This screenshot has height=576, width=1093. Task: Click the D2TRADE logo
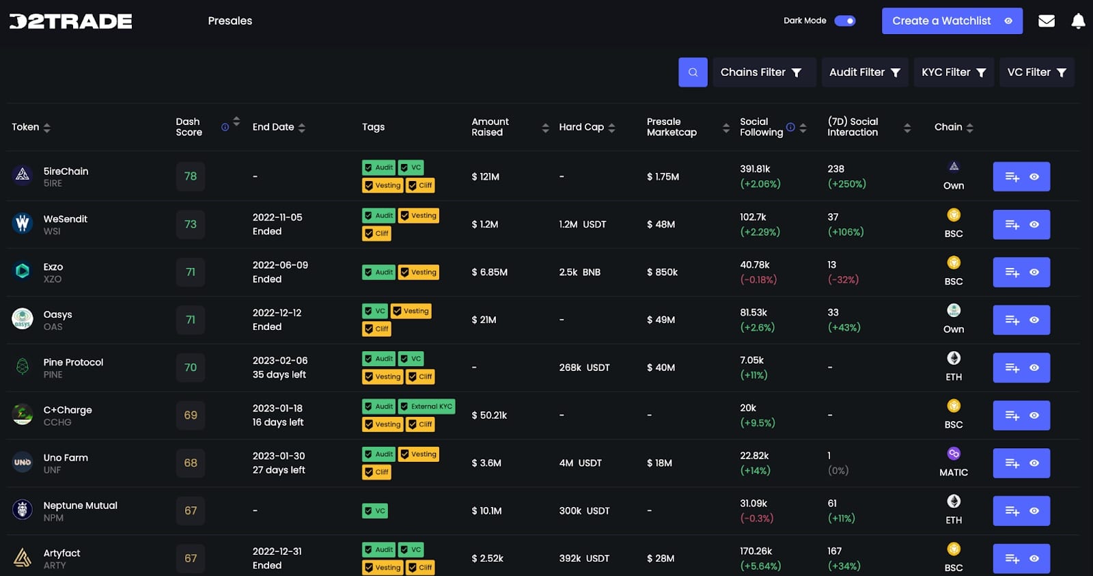pos(70,21)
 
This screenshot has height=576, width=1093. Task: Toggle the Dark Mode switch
pos(845,20)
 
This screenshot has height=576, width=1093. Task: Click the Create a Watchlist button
pos(952,21)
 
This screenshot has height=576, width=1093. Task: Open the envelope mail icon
pos(1046,21)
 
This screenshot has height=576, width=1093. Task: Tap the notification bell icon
pos(1078,21)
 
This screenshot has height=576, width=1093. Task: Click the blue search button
pos(693,72)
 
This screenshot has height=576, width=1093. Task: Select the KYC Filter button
pos(954,72)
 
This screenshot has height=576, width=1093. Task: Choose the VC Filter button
pos(1036,72)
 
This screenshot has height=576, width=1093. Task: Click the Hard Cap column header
pos(582,127)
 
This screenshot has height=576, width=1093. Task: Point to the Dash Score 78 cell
pos(191,176)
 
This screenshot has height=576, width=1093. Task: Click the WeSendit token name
pos(66,219)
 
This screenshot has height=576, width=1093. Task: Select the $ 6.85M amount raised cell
pos(489,272)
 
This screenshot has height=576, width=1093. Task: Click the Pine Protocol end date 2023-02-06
pos(280,360)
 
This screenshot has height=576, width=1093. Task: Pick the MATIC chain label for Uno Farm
pos(954,472)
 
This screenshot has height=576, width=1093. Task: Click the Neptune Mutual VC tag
pos(375,510)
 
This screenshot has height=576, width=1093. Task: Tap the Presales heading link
pos(230,21)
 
